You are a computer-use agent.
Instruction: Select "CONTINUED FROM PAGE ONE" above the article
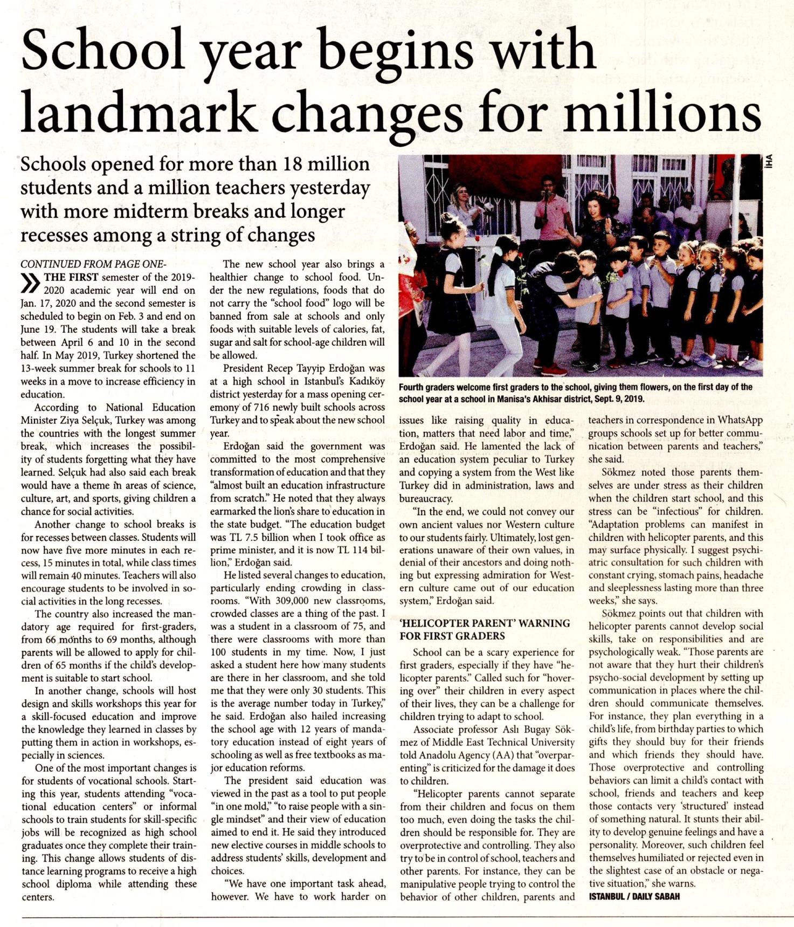click(x=93, y=264)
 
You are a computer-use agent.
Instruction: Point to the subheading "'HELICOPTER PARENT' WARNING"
click(x=485, y=623)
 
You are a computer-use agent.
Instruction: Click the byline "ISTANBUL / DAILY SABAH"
click(x=634, y=897)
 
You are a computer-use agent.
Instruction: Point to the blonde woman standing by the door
click(x=462, y=205)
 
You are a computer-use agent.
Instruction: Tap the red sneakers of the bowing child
click(x=554, y=370)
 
